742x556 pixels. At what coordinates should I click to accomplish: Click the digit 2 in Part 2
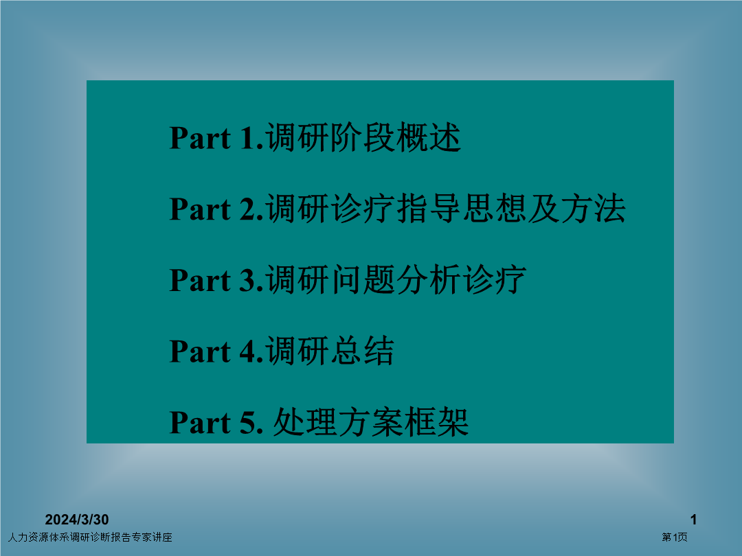pos(247,209)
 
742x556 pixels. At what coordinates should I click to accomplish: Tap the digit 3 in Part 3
pos(247,280)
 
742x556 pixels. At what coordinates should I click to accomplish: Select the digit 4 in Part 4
pos(247,351)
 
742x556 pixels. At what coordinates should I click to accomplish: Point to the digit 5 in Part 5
pos(247,423)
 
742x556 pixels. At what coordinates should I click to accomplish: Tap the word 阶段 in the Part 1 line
pos(363,137)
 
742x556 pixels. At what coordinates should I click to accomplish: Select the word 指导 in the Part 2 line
pos(429,209)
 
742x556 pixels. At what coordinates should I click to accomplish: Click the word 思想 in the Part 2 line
pos(494,209)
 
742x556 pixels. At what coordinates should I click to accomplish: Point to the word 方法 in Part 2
pos(593,209)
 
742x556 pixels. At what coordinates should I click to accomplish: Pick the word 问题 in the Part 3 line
pos(363,280)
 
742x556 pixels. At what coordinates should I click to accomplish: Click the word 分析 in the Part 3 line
pos(429,280)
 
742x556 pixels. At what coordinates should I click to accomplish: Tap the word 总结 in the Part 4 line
pos(363,351)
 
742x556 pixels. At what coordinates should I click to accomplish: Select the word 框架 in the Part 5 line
pos(437,422)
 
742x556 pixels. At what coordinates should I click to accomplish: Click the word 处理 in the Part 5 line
pos(305,422)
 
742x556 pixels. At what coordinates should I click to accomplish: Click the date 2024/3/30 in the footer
pos(77,520)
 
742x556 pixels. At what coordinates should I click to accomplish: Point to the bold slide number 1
pos(693,520)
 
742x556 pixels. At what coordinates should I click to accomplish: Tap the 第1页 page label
pos(675,537)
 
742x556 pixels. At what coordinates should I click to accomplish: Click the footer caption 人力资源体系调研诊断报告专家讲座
pos(90,537)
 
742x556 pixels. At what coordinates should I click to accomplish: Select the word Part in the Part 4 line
pos(200,351)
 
